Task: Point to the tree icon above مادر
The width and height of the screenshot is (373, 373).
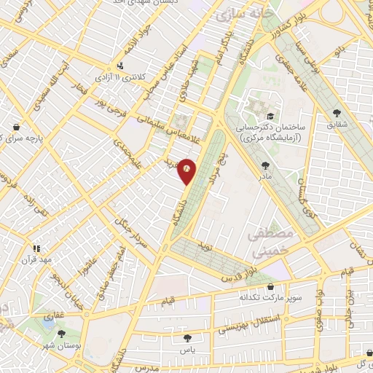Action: point(264,165)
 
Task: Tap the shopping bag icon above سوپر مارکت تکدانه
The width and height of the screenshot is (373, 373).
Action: point(270,287)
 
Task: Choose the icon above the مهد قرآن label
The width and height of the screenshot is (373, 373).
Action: point(35,248)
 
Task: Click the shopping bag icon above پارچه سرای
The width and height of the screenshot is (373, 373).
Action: point(16,126)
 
